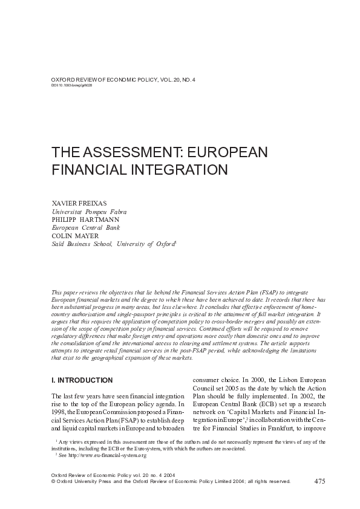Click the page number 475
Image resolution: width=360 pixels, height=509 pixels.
click(321, 481)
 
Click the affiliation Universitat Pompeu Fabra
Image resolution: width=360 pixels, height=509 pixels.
click(89, 212)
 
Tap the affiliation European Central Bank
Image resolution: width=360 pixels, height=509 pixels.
click(85, 228)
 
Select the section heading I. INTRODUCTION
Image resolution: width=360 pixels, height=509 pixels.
click(82, 380)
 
